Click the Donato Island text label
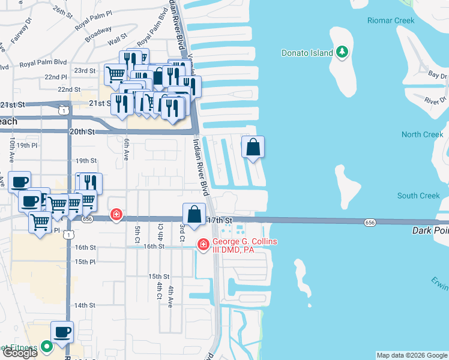(x=307, y=53)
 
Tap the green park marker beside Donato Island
(x=342, y=53)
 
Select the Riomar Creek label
(x=391, y=20)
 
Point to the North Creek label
(x=422, y=134)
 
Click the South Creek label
(x=418, y=196)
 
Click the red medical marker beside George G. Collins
(x=203, y=244)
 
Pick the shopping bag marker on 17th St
(x=194, y=215)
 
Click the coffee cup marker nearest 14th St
(x=62, y=332)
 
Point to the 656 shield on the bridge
(x=370, y=223)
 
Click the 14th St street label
(x=85, y=305)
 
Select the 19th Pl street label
(x=27, y=145)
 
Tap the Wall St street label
(x=114, y=43)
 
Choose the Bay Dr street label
(x=438, y=76)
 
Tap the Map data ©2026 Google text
(x=411, y=355)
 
